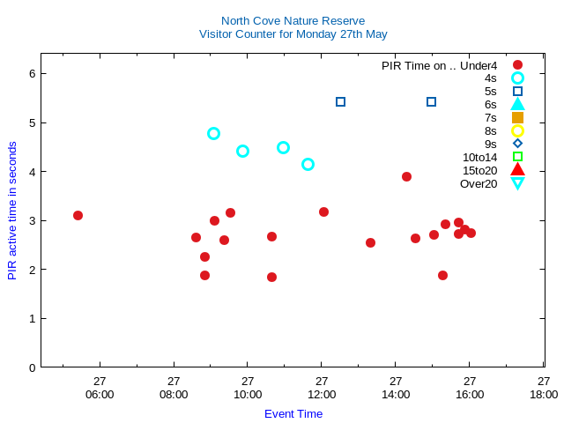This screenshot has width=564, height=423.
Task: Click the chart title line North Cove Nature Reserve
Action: [293, 20]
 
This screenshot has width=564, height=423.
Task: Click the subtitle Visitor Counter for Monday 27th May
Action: [293, 34]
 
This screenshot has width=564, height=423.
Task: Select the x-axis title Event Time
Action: [293, 413]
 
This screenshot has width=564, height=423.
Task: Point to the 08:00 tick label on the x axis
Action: [174, 388]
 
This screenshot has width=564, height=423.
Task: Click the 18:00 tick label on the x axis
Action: [544, 388]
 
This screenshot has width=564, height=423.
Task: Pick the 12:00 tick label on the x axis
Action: [322, 388]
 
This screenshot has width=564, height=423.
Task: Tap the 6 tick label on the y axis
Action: [32, 73]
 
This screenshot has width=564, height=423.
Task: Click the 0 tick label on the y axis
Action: [32, 367]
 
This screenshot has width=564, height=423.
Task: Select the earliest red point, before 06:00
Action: [78, 215]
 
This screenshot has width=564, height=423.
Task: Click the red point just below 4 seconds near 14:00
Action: [406, 176]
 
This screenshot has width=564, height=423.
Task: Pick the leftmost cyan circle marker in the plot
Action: [213, 133]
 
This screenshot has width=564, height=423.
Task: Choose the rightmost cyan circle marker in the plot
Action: [308, 164]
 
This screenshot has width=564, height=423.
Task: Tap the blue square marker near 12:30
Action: [340, 101]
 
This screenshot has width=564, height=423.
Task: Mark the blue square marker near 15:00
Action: [431, 101]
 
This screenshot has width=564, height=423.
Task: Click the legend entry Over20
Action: [479, 183]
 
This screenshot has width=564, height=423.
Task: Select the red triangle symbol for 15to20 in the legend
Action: [517, 170]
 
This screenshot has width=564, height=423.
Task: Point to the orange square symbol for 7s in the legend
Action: [517, 117]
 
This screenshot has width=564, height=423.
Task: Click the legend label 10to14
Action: [479, 157]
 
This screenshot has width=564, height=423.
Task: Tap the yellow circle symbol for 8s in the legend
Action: [517, 130]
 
